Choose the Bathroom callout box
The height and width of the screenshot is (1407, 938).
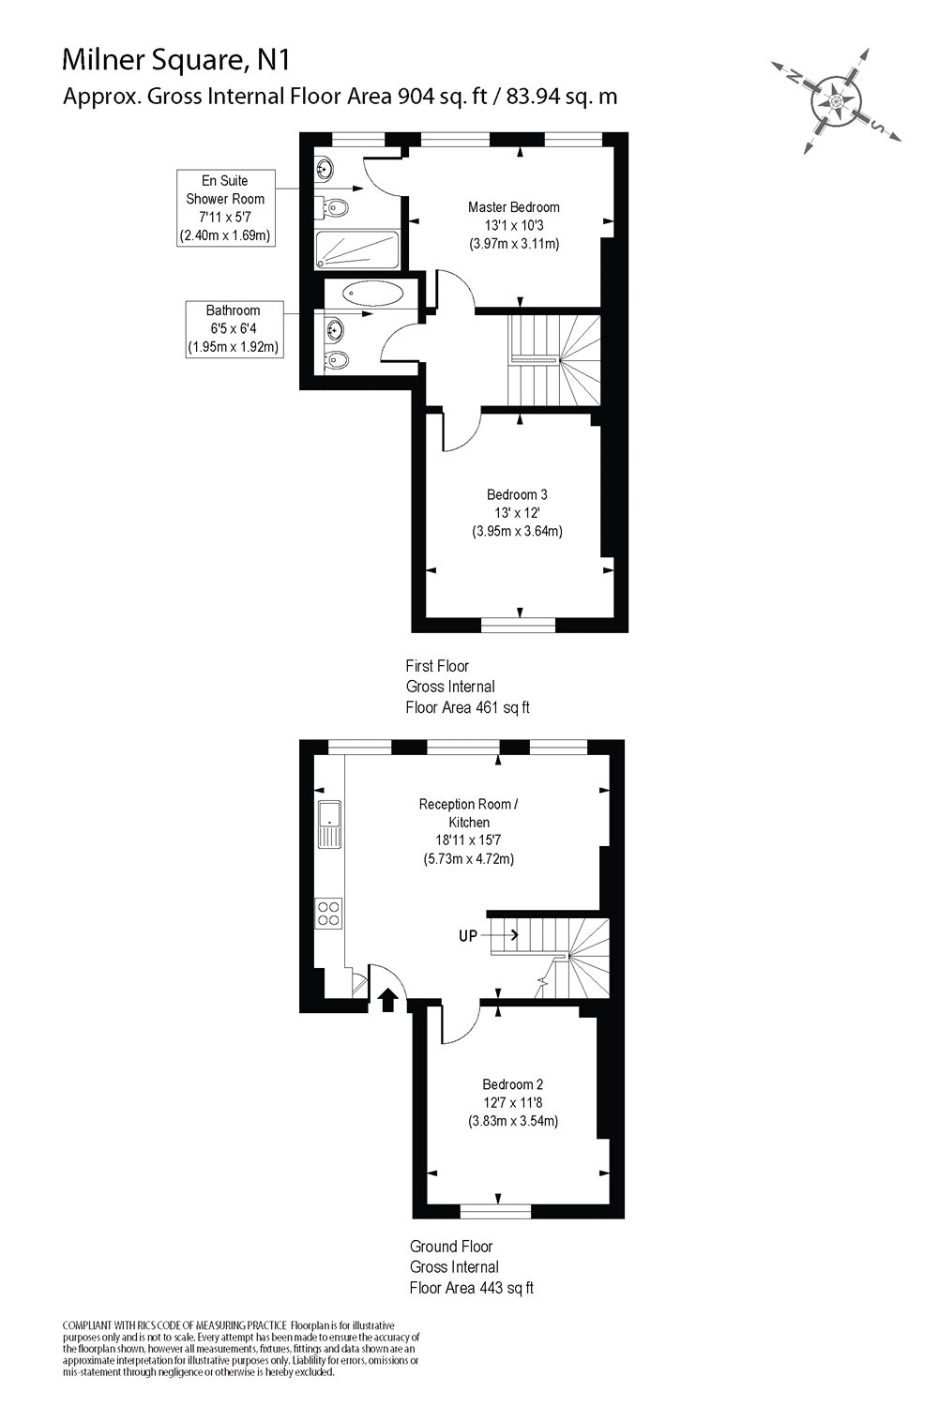pyautogui.click(x=234, y=328)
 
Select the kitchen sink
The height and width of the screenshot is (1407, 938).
pyautogui.click(x=330, y=825)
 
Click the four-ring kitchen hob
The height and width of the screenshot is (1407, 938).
pyautogui.click(x=329, y=913)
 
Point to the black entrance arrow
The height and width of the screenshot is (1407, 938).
pyautogui.click(x=386, y=1000)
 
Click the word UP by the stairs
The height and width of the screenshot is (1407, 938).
pyautogui.click(x=468, y=935)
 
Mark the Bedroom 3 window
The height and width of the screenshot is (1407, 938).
pyautogui.click(x=518, y=623)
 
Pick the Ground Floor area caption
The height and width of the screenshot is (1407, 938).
pyautogui.click(x=471, y=1267)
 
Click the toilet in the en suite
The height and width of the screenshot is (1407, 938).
pyautogui.click(x=339, y=207)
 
